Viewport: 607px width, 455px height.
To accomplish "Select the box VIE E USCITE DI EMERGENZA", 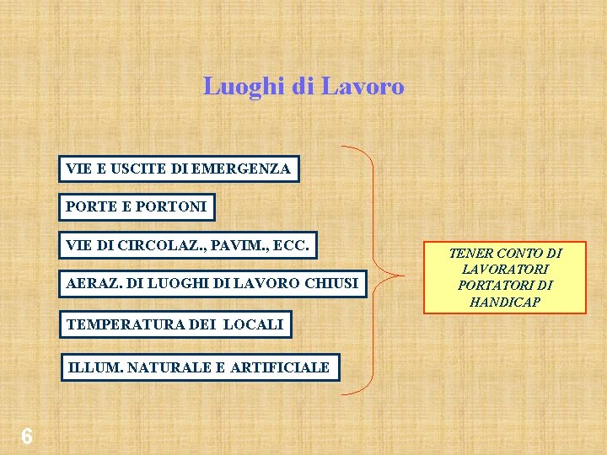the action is [x=178, y=169].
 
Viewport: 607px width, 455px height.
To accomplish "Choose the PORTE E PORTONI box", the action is [x=136, y=206].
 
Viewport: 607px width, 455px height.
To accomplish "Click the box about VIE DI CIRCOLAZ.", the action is [x=188, y=245].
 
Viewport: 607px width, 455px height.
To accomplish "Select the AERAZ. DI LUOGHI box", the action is [x=212, y=283].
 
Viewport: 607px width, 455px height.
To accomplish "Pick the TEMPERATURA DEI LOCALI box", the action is [x=175, y=324].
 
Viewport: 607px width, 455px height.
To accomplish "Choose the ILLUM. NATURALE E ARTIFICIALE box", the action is [x=198, y=367].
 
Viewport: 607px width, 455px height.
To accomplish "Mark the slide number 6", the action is [x=27, y=436].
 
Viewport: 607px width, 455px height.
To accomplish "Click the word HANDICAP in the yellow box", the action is [x=504, y=302].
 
